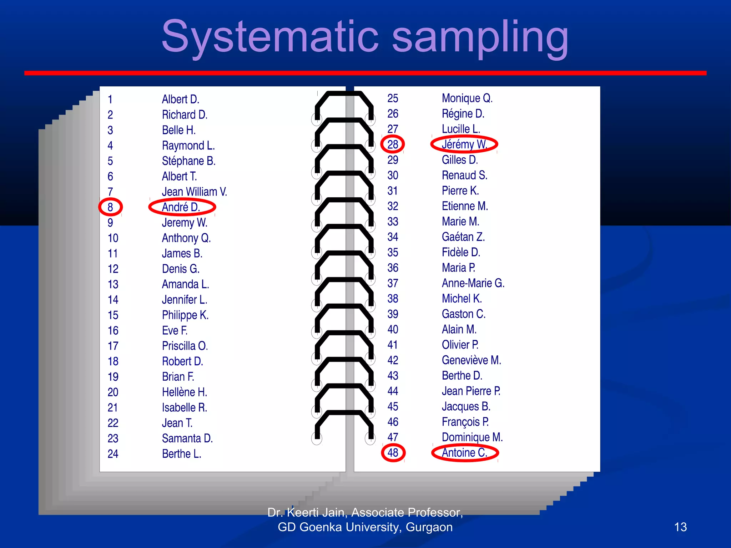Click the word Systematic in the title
[x=270, y=37]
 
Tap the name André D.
[x=181, y=207]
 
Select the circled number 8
[x=110, y=207]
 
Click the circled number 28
[x=393, y=144]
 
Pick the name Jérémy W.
[x=464, y=144]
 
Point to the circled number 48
[x=393, y=453]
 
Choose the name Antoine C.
[x=464, y=453]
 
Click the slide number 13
[x=680, y=527]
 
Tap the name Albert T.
[x=179, y=176]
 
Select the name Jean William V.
[x=194, y=192]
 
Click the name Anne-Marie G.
[x=473, y=283]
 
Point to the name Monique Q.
[x=467, y=98]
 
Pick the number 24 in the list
[x=113, y=454]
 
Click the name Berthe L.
[x=181, y=454]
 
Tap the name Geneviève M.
[x=471, y=360]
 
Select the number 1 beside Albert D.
[x=110, y=99]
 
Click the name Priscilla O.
[x=185, y=346]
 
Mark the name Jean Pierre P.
[x=471, y=391]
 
